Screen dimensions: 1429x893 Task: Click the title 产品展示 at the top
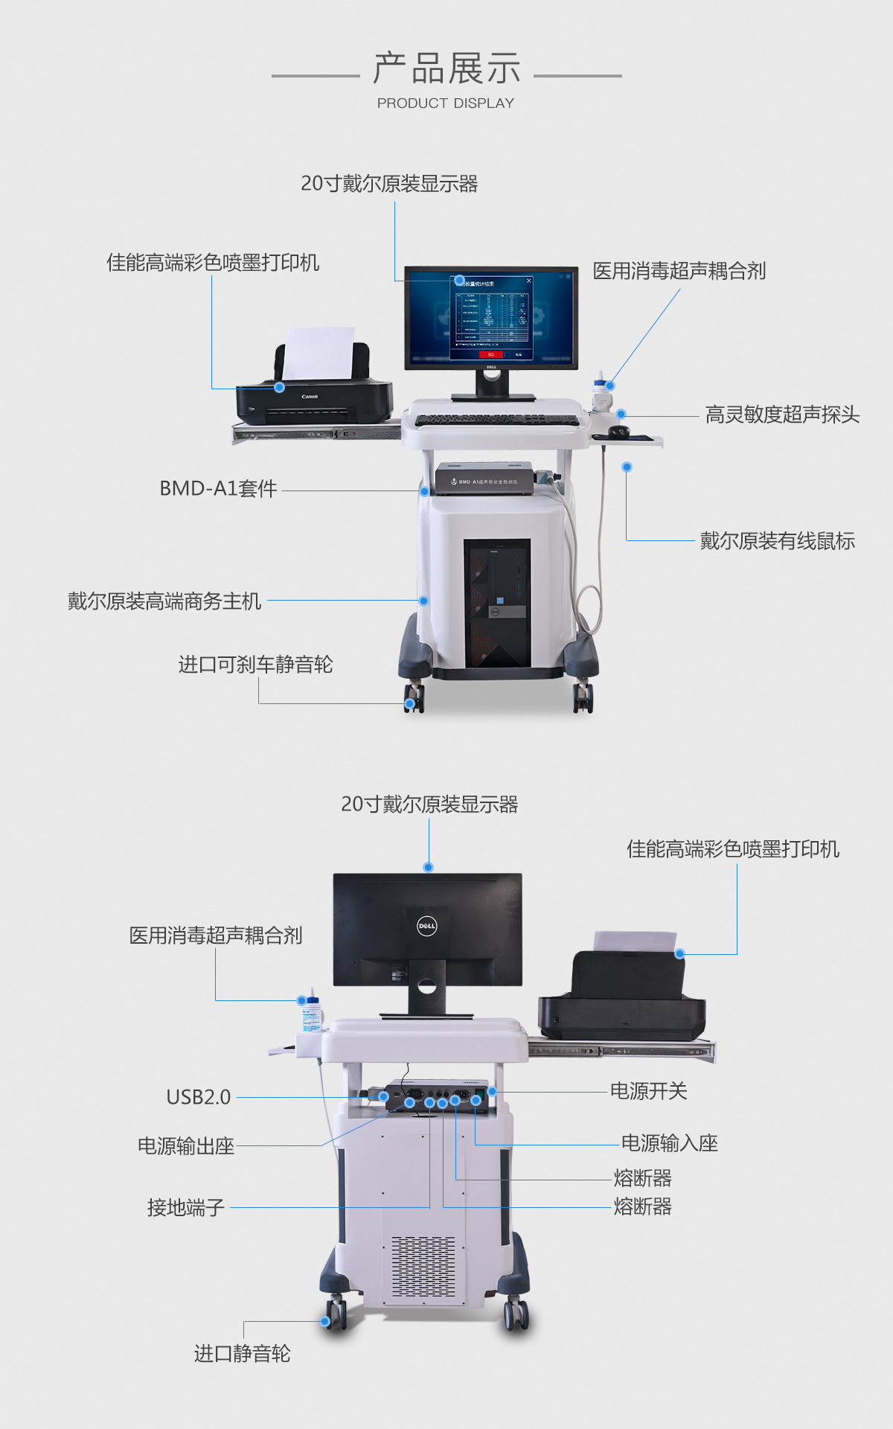click(446, 68)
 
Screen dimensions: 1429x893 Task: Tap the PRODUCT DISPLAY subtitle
click(445, 103)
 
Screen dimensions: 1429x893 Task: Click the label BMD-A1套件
click(218, 488)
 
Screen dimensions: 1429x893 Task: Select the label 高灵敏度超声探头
click(782, 415)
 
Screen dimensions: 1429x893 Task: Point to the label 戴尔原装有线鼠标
click(777, 541)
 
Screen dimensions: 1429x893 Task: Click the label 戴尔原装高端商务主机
click(164, 601)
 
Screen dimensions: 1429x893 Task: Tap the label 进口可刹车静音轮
click(255, 664)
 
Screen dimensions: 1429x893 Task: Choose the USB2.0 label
click(199, 1097)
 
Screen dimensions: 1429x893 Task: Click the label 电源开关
click(648, 1091)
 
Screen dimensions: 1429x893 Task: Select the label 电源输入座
click(669, 1143)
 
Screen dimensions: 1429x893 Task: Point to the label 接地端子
click(186, 1207)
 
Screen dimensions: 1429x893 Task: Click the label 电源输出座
click(186, 1146)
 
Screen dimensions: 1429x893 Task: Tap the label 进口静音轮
click(242, 1354)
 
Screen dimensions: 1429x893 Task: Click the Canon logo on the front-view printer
click(310, 397)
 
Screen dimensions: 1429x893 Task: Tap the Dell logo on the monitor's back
click(426, 927)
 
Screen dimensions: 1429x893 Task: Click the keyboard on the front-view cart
click(496, 421)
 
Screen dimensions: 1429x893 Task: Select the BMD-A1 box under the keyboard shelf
click(485, 479)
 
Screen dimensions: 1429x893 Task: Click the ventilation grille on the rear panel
click(423, 1266)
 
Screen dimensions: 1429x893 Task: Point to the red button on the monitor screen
click(491, 354)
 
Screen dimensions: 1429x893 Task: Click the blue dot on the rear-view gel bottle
click(301, 1000)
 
